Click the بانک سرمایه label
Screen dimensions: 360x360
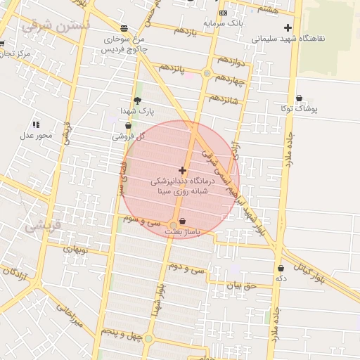(x=223, y=22)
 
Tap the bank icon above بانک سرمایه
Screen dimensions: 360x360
(x=223, y=13)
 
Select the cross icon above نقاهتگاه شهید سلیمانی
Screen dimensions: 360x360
(x=287, y=27)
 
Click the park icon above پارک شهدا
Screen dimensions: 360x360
(x=136, y=101)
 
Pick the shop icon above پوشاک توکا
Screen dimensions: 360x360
(x=299, y=98)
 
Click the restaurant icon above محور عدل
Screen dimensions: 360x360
(x=36, y=124)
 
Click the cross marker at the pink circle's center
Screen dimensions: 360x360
(x=183, y=170)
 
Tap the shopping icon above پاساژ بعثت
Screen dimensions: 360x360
(x=183, y=220)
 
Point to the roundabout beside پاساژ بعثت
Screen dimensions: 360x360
(x=173, y=226)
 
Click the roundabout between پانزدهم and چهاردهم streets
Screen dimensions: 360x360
(x=207, y=73)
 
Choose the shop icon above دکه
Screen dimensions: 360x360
(x=281, y=268)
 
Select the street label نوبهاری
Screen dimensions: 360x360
(x=74, y=249)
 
